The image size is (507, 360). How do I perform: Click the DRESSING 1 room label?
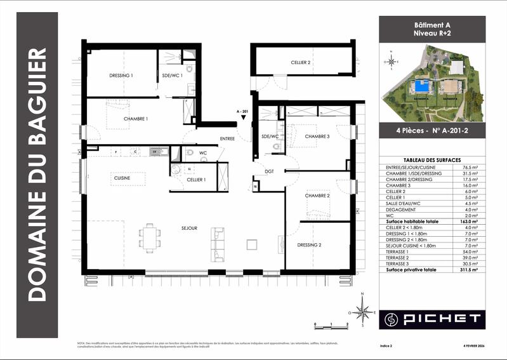(x=121, y=76)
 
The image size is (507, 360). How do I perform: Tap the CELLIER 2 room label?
(x=300, y=63)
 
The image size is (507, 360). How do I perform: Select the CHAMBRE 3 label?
(x=317, y=137)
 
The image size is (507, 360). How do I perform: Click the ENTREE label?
(x=227, y=138)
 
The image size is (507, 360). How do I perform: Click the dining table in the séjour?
(x=150, y=237)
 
